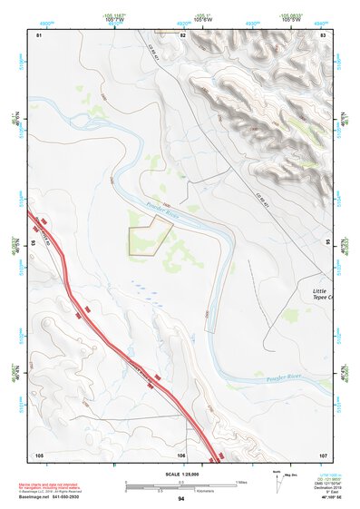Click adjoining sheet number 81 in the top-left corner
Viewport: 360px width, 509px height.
coord(38,34)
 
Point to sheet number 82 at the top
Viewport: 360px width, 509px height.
coord(182,34)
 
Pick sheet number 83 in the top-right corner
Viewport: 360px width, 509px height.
coord(323,34)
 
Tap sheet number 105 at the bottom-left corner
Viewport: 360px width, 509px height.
coord(38,454)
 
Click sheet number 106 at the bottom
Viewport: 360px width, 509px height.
coord(181,454)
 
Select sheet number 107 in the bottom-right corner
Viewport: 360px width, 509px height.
coord(323,454)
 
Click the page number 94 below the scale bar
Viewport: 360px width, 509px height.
coord(181,499)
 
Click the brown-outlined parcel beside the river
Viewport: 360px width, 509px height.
coord(147,239)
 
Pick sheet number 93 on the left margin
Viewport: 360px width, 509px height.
coord(33,243)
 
